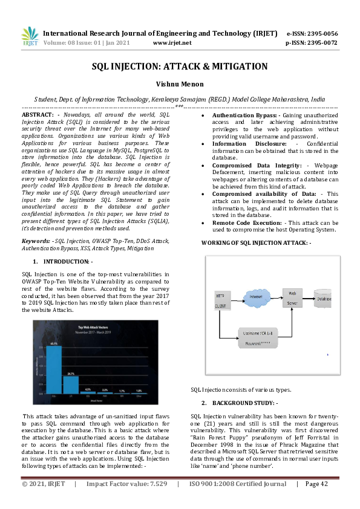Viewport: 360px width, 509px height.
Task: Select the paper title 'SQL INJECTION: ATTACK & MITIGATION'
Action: (180, 66)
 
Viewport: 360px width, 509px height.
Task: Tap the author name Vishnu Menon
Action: (180, 85)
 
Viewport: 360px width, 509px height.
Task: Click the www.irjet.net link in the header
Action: (172, 43)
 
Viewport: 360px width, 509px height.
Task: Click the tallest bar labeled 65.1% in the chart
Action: (53, 369)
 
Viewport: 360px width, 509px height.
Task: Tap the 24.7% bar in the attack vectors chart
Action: (71, 384)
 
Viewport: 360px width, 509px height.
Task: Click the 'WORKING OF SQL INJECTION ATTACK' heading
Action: (257, 242)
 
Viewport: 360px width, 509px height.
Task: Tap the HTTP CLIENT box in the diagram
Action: (224, 301)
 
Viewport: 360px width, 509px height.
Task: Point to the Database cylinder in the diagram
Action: (322, 298)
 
